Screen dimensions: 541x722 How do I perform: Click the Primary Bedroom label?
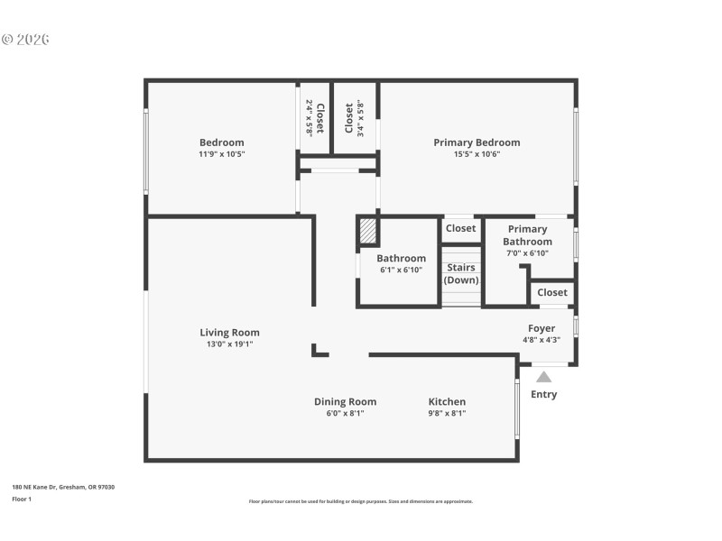pos(477,142)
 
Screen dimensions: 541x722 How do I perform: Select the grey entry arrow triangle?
pos(543,377)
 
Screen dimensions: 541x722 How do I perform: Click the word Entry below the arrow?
pos(543,394)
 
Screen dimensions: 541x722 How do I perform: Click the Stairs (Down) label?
pos(460,273)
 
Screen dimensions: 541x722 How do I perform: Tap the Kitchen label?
pos(447,402)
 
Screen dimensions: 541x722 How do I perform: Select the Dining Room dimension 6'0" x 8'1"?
pos(345,414)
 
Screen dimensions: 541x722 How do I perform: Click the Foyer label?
pos(541,328)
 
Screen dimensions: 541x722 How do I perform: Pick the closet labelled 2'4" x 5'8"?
pos(313,117)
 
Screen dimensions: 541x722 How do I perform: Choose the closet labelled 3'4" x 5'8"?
pos(354,117)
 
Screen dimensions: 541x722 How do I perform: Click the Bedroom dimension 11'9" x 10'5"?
pos(221,154)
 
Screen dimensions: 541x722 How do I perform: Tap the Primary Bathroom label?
pos(527,235)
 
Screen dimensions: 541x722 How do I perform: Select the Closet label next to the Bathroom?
pos(460,228)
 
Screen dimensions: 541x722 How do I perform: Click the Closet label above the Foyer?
pos(552,292)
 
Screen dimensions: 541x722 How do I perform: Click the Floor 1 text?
pos(21,499)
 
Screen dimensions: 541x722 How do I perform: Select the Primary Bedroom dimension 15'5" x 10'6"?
pos(477,154)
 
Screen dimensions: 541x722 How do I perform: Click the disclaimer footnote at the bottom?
pos(360,501)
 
